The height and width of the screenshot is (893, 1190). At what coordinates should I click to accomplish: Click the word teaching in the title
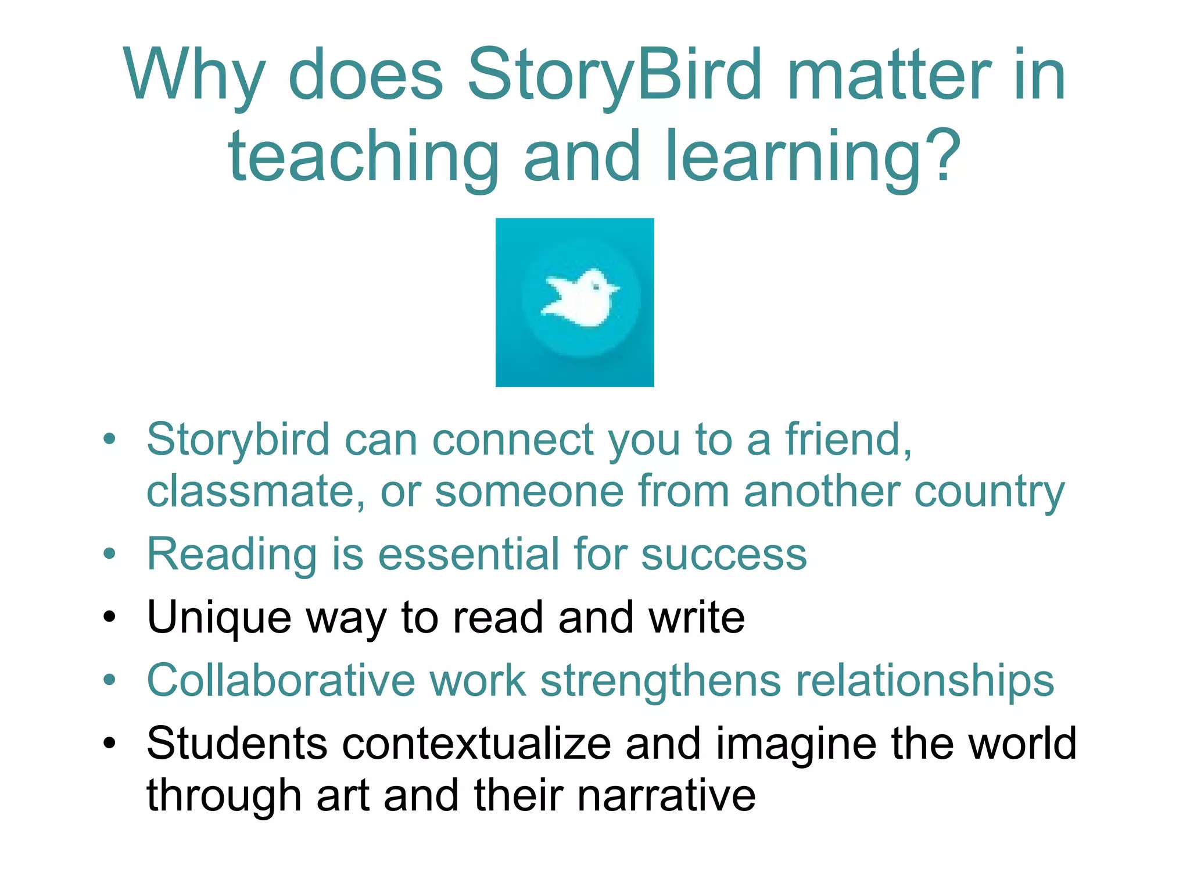[x=363, y=156]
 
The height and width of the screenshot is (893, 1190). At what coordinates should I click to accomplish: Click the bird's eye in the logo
[x=596, y=286]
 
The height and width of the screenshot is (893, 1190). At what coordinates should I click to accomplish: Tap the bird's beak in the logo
[x=615, y=289]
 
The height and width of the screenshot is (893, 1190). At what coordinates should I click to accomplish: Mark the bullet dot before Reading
[x=109, y=553]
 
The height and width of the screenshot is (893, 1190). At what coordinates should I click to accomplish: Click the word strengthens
[x=660, y=681]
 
